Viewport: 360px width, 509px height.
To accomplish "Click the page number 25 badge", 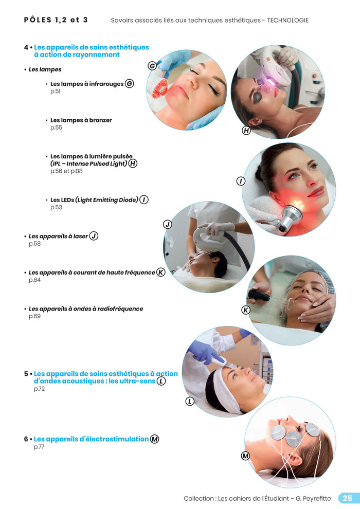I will [x=348, y=498].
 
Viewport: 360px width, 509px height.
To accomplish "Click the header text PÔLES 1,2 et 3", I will [x=56, y=20].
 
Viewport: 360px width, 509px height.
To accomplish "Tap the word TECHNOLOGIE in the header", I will [x=288, y=21].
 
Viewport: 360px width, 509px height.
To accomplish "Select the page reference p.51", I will [x=55, y=92].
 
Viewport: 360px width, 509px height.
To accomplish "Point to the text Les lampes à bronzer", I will [x=81, y=120].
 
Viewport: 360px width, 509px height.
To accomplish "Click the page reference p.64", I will [x=34, y=280].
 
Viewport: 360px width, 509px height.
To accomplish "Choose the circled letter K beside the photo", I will [x=246, y=310].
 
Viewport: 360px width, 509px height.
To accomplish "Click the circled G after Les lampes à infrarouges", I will [x=130, y=84].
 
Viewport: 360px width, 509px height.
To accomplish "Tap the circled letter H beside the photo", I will [x=246, y=131].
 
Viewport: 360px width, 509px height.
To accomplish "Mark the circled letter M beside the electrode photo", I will [x=245, y=456].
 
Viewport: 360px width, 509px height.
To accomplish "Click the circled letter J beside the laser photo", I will [x=167, y=224].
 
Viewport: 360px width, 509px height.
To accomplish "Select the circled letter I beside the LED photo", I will [x=240, y=181].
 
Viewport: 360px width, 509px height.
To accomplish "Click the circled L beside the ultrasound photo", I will [x=190, y=402].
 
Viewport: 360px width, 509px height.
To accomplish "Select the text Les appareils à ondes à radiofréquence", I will [x=86, y=309].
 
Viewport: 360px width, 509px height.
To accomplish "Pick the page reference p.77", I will [x=39, y=447].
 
